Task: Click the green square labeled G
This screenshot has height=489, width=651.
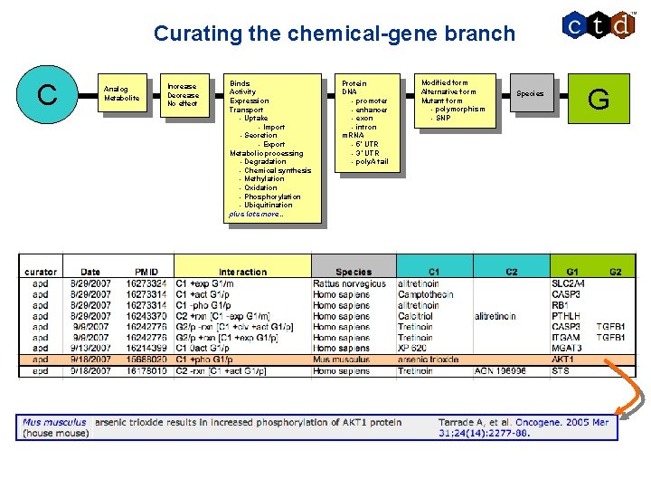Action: [598, 98]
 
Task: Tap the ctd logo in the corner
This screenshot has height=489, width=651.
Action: [598, 25]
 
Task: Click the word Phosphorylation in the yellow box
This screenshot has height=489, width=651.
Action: [272, 197]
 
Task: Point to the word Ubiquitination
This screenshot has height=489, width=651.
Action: [268, 206]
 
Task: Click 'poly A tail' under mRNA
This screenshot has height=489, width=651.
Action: [370, 162]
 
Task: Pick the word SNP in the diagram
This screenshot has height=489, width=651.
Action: [443, 119]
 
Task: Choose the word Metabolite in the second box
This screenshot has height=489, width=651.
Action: [122, 98]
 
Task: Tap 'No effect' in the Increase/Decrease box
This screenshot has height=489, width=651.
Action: [183, 104]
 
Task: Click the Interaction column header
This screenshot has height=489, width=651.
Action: [242, 272]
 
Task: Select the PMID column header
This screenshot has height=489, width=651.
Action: [146, 272]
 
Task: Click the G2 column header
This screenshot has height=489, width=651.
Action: [615, 272]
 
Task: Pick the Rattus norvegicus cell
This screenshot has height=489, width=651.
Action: [349, 283]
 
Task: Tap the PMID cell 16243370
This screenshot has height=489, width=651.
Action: [146, 316]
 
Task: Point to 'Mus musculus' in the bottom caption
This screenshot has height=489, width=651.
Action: [55, 422]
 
